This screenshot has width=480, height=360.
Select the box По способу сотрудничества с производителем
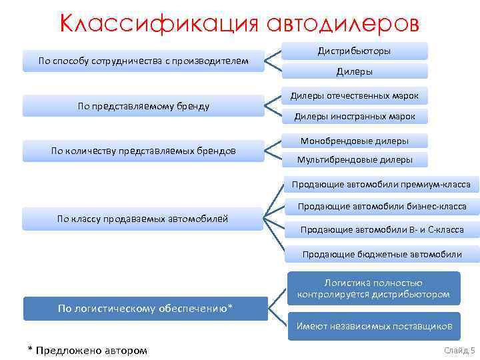pyautogui.click(x=143, y=61)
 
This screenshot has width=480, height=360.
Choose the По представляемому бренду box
pyautogui.click(x=143, y=106)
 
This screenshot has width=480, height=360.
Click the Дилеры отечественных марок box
pyautogui.click(x=355, y=96)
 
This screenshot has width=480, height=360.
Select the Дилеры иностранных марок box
pyautogui.click(x=355, y=117)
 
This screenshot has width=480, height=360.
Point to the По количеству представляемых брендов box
pyautogui.click(x=143, y=151)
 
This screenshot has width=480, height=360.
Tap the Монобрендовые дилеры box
pyautogui.click(x=355, y=141)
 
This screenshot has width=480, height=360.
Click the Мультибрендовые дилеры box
pyautogui.click(x=355, y=159)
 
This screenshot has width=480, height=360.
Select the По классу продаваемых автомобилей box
pyautogui.click(x=143, y=218)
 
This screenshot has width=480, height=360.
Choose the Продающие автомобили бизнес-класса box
pyautogui.click(x=381, y=207)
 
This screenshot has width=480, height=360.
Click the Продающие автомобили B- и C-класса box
pyautogui.click(x=381, y=230)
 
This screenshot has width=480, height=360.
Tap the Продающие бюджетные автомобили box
pyautogui.click(x=381, y=254)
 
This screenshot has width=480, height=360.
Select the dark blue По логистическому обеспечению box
pyautogui.click(x=145, y=308)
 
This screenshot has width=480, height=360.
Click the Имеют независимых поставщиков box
pyautogui.click(x=374, y=326)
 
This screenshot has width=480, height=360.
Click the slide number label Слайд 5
pyautogui.click(x=459, y=350)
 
